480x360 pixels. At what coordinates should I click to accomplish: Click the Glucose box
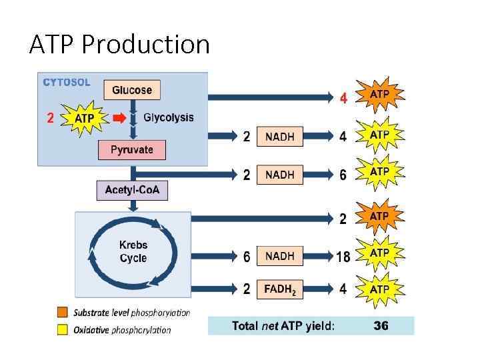(132, 90)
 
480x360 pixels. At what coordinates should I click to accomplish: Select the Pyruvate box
(131, 149)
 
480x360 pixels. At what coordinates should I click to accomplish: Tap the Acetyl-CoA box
(133, 190)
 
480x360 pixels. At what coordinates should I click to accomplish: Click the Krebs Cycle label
(133, 252)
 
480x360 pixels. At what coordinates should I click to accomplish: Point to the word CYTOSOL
(67, 83)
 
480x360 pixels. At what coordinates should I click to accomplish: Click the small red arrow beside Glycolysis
(119, 118)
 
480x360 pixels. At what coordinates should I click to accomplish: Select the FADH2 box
(279, 289)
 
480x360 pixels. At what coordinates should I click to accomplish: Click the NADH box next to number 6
(279, 256)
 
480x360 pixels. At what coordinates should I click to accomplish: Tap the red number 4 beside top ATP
(344, 98)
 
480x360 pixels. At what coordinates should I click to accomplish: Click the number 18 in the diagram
(343, 257)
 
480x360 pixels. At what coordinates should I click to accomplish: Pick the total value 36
(381, 326)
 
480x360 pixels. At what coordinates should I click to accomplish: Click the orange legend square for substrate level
(63, 312)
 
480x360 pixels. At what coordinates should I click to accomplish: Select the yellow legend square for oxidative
(63, 329)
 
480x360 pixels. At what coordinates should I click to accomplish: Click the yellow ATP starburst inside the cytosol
(84, 119)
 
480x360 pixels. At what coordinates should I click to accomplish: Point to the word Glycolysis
(169, 118)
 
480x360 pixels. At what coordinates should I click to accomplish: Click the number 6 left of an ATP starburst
(343, 175)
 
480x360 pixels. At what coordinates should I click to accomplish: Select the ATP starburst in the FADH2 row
(379, 289)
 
